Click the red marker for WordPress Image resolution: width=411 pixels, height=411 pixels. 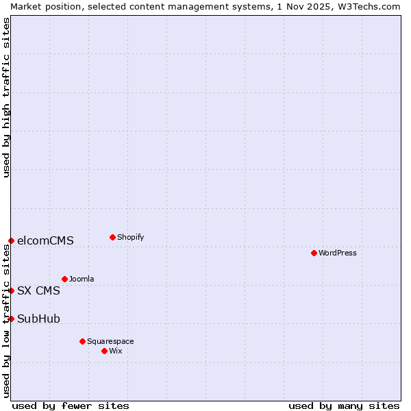point(314,253)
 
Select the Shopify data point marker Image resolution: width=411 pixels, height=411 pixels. point(112,237)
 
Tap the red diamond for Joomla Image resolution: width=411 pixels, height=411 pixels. point(64,279)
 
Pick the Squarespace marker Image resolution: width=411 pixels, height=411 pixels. point(82,341)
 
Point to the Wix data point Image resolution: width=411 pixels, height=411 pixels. point(104,351)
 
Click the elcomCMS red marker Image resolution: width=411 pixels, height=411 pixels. point(11,240)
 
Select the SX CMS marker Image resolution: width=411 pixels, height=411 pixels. point(11,290)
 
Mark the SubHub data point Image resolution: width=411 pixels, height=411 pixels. point(11,319)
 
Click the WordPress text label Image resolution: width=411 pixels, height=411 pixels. point(338,253)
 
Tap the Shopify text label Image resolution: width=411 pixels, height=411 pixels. point(130,237)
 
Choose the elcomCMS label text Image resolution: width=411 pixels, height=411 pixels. point(45,240)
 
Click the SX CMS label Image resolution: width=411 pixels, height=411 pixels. point(38,290)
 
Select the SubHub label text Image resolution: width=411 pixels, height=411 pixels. point(38,319)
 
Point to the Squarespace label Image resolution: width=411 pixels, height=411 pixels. point(110,341)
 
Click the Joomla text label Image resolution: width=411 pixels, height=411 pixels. point(82,279)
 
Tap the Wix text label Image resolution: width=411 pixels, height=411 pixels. point(115,351)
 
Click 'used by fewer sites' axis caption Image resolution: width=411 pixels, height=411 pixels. point(71,406)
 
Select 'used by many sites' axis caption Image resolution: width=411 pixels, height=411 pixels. point(344,406)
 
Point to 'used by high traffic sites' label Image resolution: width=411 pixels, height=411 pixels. point(6,97)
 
